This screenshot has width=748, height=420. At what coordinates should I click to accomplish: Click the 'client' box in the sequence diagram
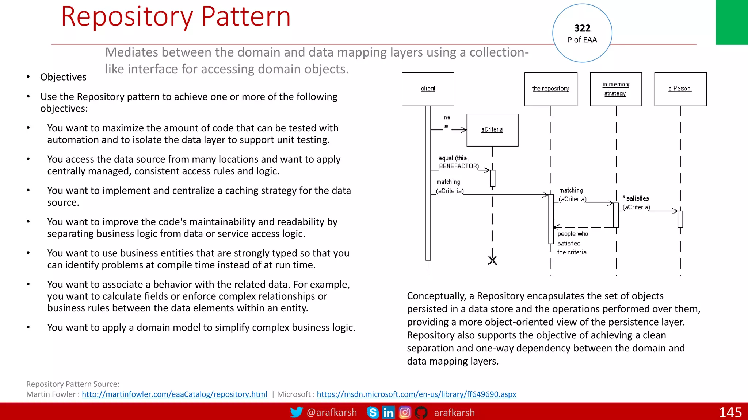coord(428,89)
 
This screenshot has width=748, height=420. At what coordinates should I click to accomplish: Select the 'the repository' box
coord(550,89)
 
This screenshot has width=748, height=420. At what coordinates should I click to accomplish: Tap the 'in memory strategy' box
coord(616,89)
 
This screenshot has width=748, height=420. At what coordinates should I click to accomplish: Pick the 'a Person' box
coord(680,89)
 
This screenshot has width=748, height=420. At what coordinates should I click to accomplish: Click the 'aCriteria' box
coord(492,130)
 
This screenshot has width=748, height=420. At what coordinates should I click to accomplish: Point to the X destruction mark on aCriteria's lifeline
coord(492,260)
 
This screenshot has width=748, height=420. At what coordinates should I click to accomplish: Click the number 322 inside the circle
coord(582,28)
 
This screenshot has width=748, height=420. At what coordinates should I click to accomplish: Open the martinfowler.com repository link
coord(174,394)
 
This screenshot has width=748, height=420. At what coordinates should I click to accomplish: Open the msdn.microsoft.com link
coord(416,394)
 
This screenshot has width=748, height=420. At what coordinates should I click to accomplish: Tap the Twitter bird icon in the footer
coord(296,412)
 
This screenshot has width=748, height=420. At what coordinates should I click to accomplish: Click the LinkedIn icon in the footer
coord(388,412)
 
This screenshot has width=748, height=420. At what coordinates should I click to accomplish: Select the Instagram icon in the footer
coord(405,412)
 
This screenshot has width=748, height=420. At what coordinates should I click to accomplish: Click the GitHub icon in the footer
coord(421,412)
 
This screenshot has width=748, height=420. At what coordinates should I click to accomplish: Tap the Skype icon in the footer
coord(373,412)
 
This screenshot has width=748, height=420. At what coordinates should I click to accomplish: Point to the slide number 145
coord(730,412)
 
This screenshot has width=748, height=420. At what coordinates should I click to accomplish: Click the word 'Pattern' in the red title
coord(246,17)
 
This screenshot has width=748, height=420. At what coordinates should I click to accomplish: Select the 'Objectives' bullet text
coord(63,77)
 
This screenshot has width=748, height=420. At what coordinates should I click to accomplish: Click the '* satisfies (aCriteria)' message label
coord(637,203)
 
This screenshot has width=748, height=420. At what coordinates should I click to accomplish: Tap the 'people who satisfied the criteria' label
coord(572,243)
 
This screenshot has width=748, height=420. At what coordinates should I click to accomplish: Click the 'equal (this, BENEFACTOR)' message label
coord(458,162)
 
